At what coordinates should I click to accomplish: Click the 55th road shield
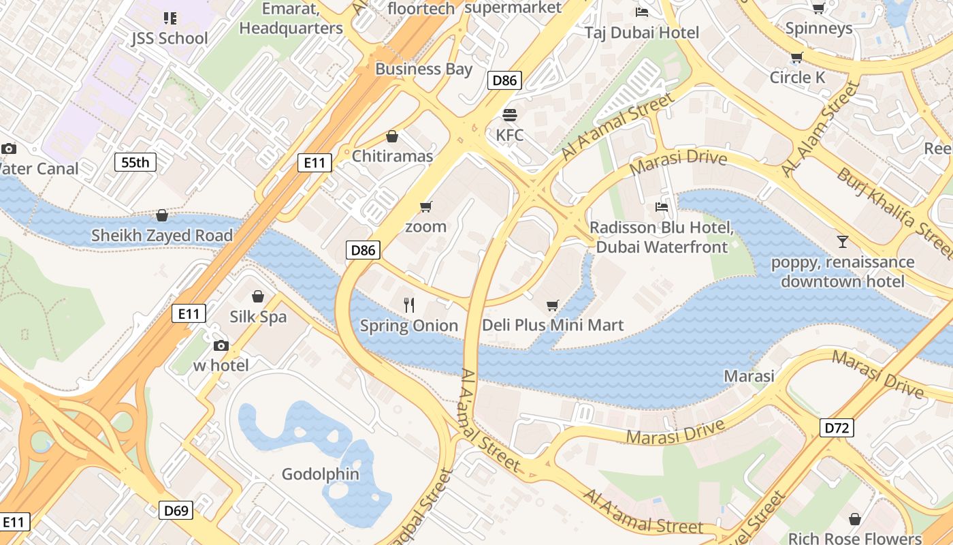pos(135,162)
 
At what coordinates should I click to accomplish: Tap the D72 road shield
pos(837,428)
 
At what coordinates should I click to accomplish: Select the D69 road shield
pos(176,510)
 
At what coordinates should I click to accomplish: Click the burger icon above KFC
pos(510,114)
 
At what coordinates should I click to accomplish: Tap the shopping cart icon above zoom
pos(426,206)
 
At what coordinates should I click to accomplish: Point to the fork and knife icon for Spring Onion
pos(409,305)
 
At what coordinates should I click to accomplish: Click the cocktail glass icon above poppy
pos(843,241)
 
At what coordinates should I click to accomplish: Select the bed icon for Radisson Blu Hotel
pos(661,206)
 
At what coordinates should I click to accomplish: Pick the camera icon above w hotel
pos(221,345)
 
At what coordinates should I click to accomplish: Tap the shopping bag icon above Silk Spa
pos(258,296)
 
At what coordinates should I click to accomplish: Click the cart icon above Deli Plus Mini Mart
pos(553,305)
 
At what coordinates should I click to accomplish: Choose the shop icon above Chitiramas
pos(391,137)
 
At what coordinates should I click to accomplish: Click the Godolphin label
pos(320,474)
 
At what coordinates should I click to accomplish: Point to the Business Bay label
pos(423,69)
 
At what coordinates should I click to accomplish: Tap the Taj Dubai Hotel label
pos(642,33)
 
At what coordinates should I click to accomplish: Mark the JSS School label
pos(170,38)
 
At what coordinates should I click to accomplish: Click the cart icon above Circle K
pos(797,57)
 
